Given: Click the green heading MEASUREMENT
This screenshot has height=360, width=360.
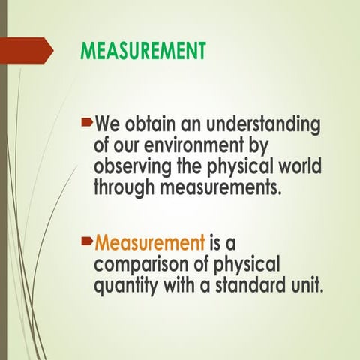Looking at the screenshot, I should (x=142, y=51).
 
